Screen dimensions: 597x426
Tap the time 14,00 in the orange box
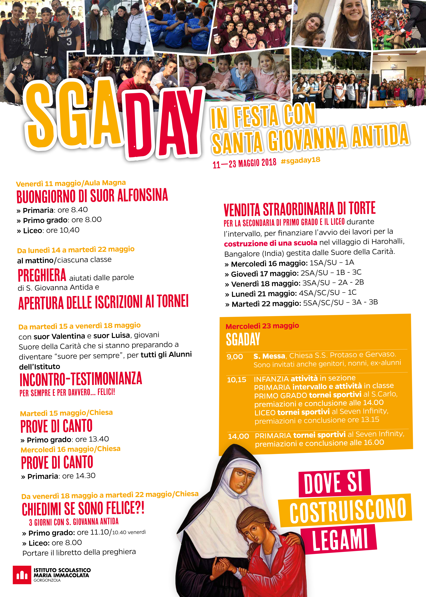[x=238, y=436]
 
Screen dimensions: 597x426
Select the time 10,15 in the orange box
[x=237, y=380]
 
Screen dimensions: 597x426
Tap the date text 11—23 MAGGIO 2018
[x=244, y=163]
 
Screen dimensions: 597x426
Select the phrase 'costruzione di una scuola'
[x=270, y=243]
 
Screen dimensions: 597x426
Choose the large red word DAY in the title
[x=164, y=123]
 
